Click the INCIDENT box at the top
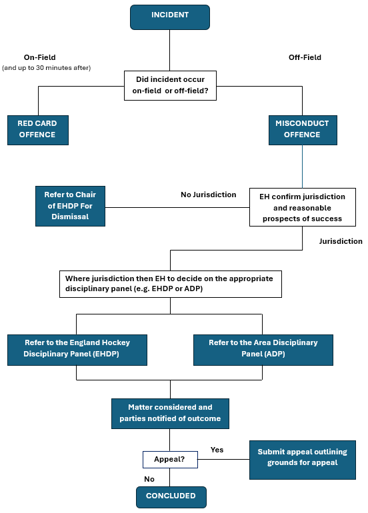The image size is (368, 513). (170, 17)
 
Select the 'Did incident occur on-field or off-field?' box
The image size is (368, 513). (170, 85)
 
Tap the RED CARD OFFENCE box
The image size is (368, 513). (38, 130)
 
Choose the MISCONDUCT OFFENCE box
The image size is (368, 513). (303, 130)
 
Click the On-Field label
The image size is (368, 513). (39, 57)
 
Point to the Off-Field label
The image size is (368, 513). (305, 57)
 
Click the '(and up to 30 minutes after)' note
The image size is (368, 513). (47, 68)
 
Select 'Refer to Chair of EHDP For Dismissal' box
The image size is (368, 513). (71, 206)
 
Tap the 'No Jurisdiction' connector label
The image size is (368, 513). (209, 195)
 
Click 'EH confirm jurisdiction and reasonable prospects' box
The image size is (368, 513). (303, 207)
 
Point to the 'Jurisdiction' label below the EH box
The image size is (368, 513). (341, 241)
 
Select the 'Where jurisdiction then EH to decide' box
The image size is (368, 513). (171, 284)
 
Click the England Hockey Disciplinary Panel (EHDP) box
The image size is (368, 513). (77, 350)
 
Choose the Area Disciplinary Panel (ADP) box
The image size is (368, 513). (263, 350)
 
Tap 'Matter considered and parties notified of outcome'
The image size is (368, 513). (170, 414)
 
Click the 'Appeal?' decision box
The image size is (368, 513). (170, 459)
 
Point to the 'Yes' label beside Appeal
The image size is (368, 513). (217, 450)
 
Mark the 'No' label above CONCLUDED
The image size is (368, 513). (149, 479)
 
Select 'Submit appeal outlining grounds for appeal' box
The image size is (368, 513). (303, 460)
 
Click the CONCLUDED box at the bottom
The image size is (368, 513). (171, 497)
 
